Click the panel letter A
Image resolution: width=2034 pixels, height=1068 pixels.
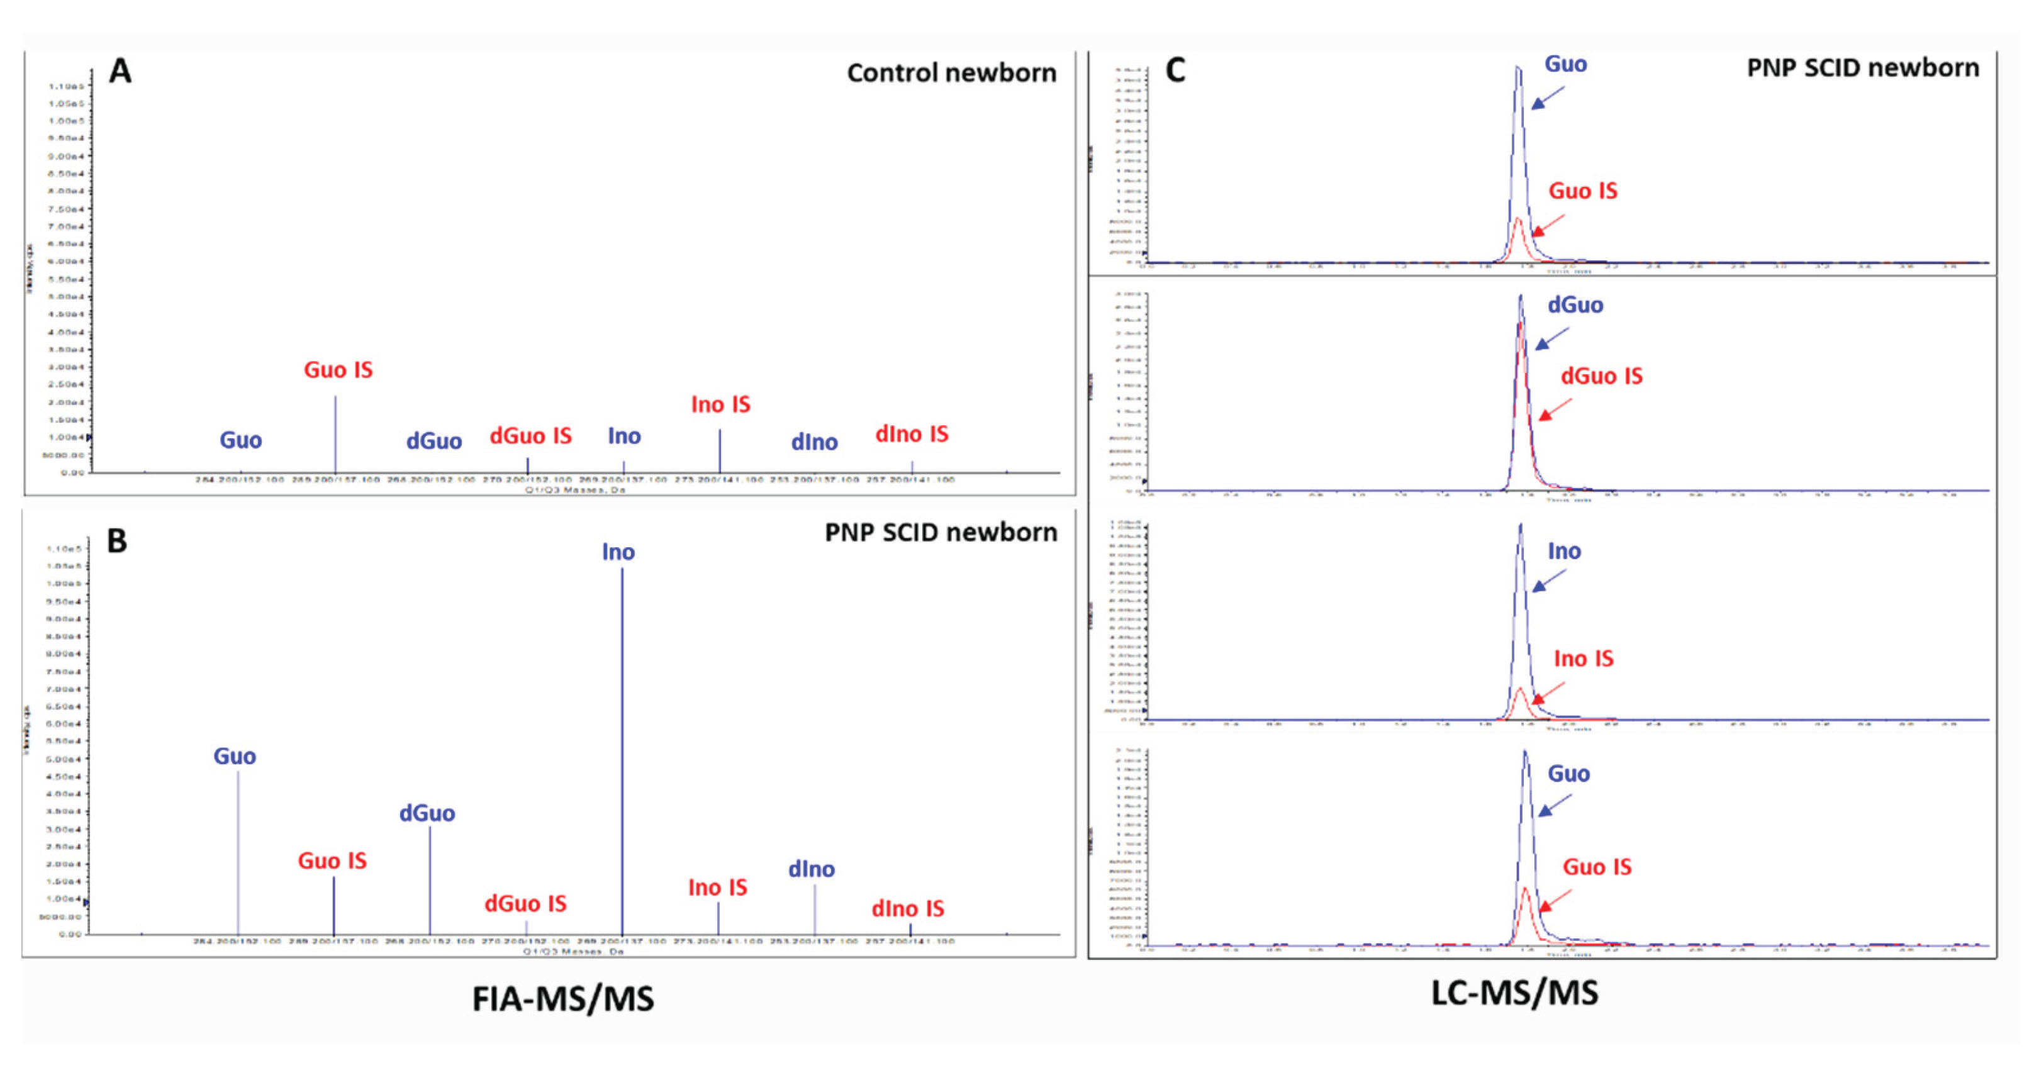[120, 71]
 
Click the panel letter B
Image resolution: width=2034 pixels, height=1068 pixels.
[117, 541]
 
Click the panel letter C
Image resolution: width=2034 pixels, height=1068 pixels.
[1175, 70]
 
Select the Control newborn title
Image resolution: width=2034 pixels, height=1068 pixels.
[951, 72]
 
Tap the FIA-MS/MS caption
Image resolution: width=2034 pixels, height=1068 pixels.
[563, 999]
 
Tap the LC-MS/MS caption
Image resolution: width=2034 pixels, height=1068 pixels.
[1514, 993]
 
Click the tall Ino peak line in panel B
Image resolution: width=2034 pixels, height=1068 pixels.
[622, 750]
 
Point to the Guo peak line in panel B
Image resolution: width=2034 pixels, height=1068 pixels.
[238, 852]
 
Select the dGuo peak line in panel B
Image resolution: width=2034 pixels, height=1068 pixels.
[430, 880]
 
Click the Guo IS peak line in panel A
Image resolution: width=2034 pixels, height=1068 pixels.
[335, 434]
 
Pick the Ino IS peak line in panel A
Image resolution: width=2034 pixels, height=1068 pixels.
[719, 452]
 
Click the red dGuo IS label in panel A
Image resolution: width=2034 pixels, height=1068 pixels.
[530, 436]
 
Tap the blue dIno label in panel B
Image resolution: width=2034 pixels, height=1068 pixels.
[811, 869]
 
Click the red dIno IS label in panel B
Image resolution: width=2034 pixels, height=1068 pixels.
[907, 908]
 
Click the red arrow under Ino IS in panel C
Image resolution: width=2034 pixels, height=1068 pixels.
[1548, 693]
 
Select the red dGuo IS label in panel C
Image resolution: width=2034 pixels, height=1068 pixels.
[1601, 375]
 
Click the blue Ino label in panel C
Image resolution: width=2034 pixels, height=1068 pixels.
[1564, 551]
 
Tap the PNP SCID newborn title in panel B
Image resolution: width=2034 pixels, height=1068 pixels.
[941, 533]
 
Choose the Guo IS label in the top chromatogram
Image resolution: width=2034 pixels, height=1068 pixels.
[1582, 191]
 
